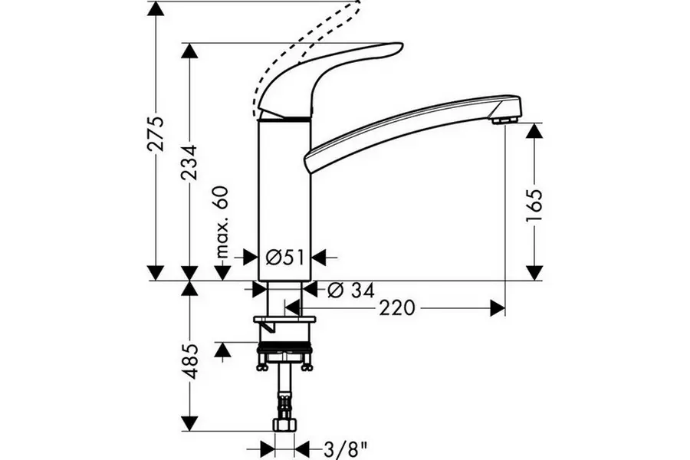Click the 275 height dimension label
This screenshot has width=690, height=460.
pos(156,134)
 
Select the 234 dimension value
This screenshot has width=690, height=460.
pos(190,162)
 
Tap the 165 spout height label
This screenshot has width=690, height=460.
pos(535,205)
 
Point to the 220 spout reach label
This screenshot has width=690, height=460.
pos(397,307)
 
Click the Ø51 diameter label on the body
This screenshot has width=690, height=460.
pos(284,257)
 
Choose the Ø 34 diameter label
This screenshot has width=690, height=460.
pos(351,290)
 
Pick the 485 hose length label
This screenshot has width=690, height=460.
pos(190,361)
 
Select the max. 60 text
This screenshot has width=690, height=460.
pos(223,222)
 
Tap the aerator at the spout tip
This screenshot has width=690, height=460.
pos(504,120)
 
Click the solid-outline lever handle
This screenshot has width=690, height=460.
pos(330,79)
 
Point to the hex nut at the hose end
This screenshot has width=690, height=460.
pos(284,424)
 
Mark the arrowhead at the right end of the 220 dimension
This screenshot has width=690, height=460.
pos(498,307)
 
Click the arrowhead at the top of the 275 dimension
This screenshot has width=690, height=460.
pos(156,9)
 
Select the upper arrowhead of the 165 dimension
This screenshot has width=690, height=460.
pos(534,131)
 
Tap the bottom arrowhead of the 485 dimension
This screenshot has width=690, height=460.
pos(189,423)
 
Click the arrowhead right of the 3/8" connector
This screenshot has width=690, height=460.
pos(303,449)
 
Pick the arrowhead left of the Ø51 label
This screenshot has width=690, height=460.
pos(250,257)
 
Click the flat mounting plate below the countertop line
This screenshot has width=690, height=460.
pos(284,319)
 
